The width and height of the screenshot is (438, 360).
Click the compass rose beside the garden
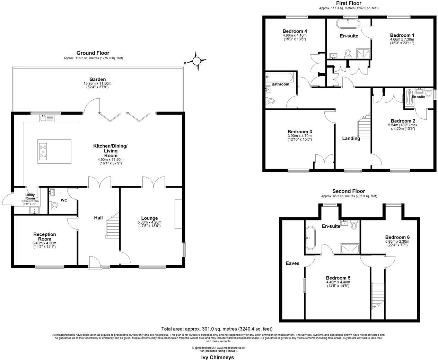click(196, 61)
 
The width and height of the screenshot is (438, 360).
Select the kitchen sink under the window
click(44, 118)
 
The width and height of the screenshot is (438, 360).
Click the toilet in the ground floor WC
click(54, 205)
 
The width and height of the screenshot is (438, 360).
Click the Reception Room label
click(44, 237)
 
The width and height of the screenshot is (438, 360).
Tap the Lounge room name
click(149, 218)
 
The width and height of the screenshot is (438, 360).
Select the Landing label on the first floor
click(351, 138)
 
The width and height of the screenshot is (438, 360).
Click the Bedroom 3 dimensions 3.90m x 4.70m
click(300, 136)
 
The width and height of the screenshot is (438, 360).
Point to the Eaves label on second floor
click(292, 263)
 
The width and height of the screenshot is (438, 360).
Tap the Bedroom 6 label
click(397, 237)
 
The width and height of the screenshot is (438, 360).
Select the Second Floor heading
click(349, 191)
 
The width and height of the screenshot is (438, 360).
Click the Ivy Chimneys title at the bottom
click(218, 357)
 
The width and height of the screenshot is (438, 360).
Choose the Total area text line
click(217, 329)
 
